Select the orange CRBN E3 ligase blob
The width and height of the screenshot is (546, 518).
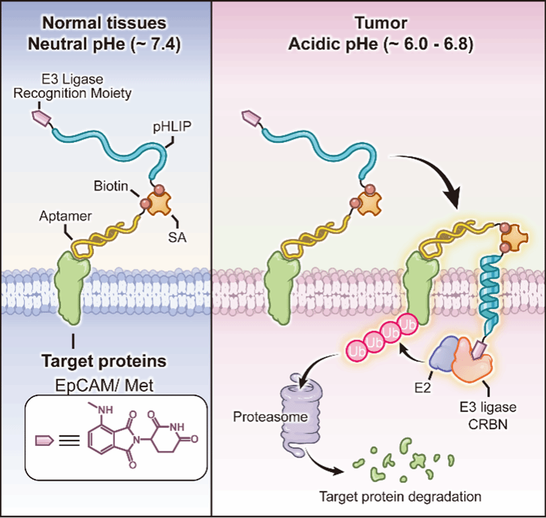tap(474, 362)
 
